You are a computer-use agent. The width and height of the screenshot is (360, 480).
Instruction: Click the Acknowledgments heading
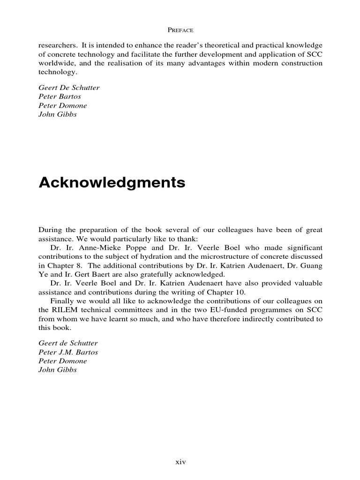pyautogui.click(x=112, y=183)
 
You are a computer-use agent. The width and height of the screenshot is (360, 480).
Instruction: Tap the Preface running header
pyautogui.click(x=180, y=30)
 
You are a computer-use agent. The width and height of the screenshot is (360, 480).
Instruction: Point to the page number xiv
pyautogui.click(x=180, y=462)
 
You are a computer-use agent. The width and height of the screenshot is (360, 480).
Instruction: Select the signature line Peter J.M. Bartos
pyautogui.click(x=68, y=352)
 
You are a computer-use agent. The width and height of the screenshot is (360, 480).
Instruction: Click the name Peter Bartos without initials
pyautogui.click(x=60, y=96)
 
